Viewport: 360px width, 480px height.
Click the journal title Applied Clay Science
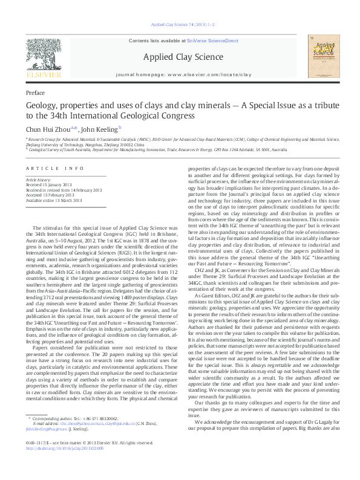click(179, 57)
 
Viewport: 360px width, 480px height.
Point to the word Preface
click(36, 94)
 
